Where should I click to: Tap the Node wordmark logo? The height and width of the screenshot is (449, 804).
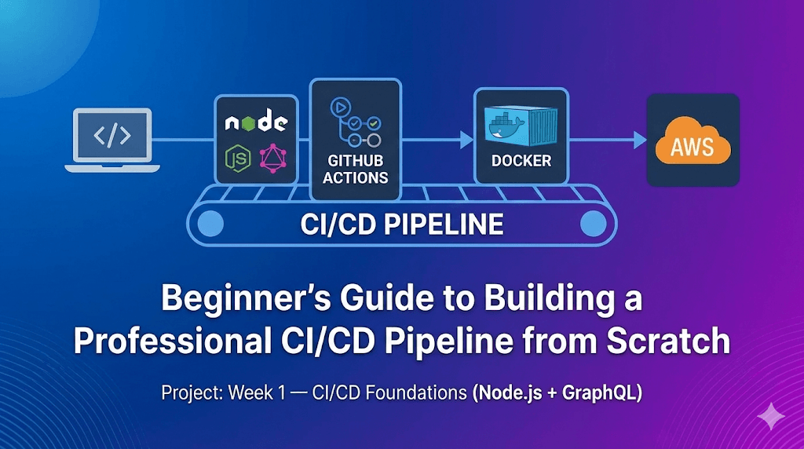[x=256, y=123]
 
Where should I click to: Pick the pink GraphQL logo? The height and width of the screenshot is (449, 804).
[x=274, y=159]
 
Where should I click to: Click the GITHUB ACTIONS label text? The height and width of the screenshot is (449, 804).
[x=355, y=169]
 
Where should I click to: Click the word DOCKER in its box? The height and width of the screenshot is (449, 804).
[x=521, y=160]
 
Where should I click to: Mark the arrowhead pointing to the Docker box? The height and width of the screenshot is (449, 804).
[x=466, y=141]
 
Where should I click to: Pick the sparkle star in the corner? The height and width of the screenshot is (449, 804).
[x=772, y=415]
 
